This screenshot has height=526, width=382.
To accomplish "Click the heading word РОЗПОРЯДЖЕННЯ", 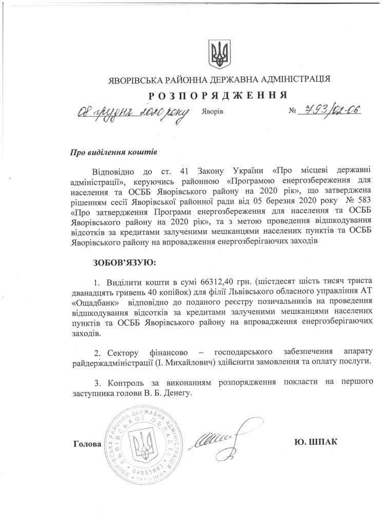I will (218, 96).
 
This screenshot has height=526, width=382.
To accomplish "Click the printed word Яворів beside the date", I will (213, 111).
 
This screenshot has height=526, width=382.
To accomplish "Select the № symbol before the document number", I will (293, 111).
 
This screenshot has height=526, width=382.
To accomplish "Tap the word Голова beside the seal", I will (87, 443).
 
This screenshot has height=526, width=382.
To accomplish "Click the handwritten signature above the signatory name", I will (214, 439).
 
